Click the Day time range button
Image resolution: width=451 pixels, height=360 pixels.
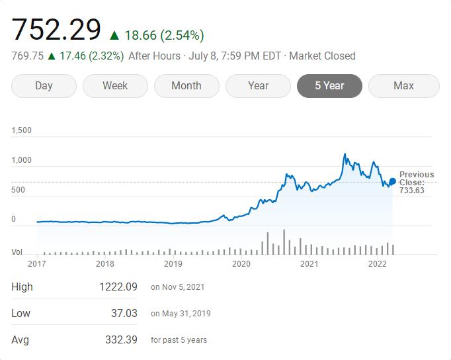pos(44,86)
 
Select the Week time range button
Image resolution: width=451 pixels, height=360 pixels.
pos(115,86)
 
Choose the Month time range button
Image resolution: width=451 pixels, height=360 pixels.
pos(186,86)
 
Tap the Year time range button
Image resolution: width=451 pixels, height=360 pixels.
pos(258,86)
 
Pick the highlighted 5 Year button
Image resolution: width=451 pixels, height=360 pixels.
pos(329,86)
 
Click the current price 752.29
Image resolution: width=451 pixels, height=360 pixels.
pos(57,30)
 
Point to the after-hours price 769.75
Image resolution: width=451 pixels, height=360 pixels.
pos(27,56)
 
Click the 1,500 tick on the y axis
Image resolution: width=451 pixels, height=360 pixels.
pos(22,130)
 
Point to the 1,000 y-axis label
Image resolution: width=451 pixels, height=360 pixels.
pos(22,160)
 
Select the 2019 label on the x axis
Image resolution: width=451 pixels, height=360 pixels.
pos(173,264)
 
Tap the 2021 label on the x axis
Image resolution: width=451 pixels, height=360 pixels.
pos(309,264)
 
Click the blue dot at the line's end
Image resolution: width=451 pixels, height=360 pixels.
pos(393,181)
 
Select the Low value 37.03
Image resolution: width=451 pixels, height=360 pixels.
pos(124,313)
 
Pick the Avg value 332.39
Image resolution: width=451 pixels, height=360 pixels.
pos(121,339)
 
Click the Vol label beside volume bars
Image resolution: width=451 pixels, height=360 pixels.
pos(17,252)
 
